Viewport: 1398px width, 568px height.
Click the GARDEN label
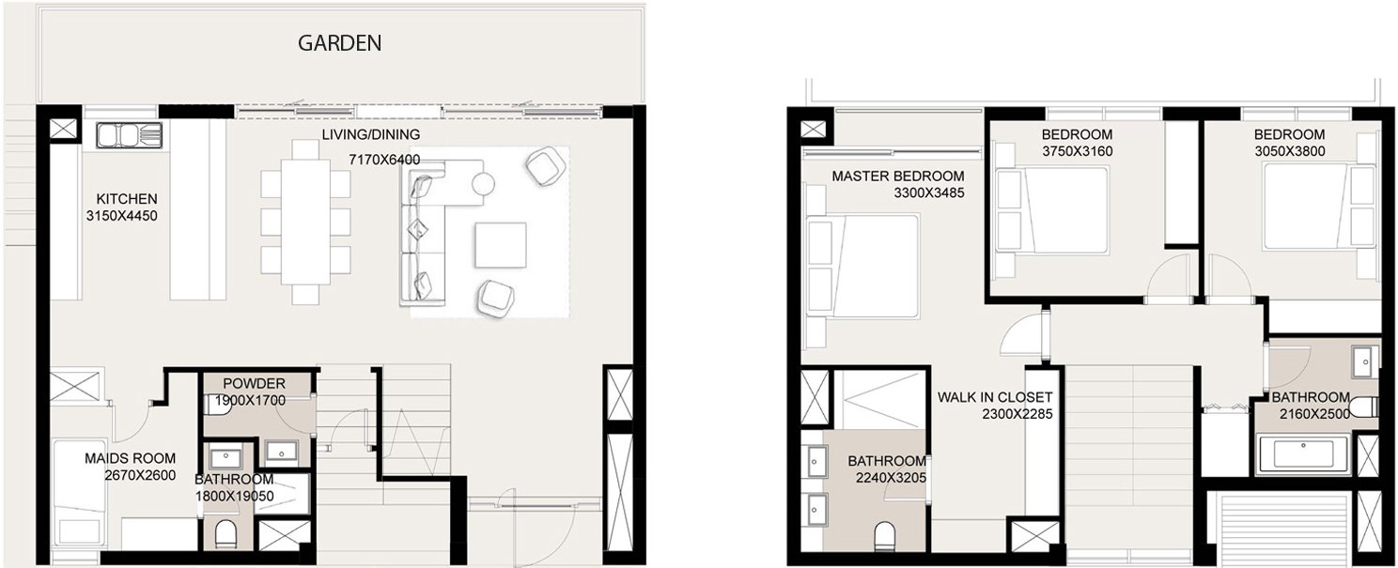[x=339, y=43]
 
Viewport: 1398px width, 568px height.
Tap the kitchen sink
[x=130, y=135]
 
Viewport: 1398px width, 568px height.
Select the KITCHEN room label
[x=127, y=199]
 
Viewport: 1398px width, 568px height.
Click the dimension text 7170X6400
[x=384, y=160]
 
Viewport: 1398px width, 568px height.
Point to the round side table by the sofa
[x=482, y=184]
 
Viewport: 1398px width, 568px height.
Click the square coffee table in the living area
[x=500, y=245]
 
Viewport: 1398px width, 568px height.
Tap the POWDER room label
[x=254, y=383]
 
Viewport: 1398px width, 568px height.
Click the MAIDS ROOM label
[x=131, y=458]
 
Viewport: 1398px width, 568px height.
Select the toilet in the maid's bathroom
[x=225, y=534]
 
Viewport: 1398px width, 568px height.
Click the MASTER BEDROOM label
[x=897, y=177]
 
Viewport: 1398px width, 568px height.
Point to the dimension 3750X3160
[x=1078, y=151]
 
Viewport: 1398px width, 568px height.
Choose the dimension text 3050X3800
[x=1289, y=151]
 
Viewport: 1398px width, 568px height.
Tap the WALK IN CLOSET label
[x=995, y=397]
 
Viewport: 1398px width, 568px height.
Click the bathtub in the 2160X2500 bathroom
[x=1302, y=453]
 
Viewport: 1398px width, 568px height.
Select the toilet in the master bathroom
[x=884, y=536]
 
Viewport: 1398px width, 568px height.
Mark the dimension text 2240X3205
[x=891, y=478]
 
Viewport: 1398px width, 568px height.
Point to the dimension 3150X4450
[x=122, y=216]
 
